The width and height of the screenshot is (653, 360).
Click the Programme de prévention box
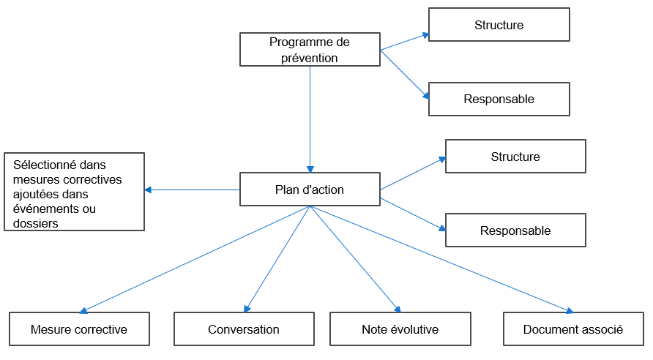[310, 50]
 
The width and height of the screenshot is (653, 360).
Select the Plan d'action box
[310, 190]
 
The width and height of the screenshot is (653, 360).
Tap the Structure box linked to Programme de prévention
[499, 25]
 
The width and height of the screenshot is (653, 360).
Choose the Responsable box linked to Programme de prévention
[499, 99]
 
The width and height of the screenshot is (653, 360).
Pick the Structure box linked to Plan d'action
[515, 157]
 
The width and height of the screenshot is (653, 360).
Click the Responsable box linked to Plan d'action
[515, 230]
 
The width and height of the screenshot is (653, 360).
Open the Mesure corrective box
[79, 329]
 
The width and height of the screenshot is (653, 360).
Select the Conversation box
[244, 329]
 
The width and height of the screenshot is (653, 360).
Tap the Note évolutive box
[400, 329]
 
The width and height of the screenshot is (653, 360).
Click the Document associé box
[573, 329]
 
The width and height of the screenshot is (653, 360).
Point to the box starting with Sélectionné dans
[74, 192]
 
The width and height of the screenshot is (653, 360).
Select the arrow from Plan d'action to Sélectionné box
[192, 190]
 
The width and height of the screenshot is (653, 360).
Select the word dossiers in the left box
[36, 223]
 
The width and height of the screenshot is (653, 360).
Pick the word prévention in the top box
[310, 58]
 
